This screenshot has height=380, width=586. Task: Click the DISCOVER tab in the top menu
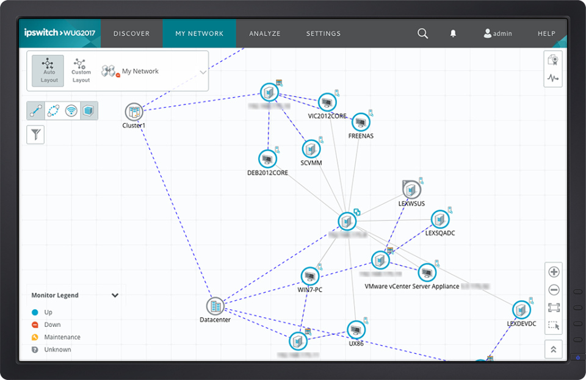131,34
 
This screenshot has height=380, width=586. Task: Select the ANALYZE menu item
264,34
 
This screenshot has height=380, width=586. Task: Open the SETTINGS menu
323,34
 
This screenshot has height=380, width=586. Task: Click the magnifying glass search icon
422,34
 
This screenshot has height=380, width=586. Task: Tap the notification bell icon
453,34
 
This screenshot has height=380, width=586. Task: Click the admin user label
497,34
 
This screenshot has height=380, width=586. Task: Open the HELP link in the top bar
546,34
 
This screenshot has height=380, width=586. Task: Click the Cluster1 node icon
134,112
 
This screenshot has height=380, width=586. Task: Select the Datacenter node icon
215,306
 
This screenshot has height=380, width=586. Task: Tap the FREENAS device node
361,122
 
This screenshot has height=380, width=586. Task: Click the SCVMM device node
311,149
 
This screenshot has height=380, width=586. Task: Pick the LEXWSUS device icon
411,190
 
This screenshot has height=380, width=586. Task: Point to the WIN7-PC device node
310,276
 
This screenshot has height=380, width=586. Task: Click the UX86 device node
356,329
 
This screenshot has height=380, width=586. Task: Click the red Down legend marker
35,325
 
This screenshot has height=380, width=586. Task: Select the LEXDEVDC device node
521,310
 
